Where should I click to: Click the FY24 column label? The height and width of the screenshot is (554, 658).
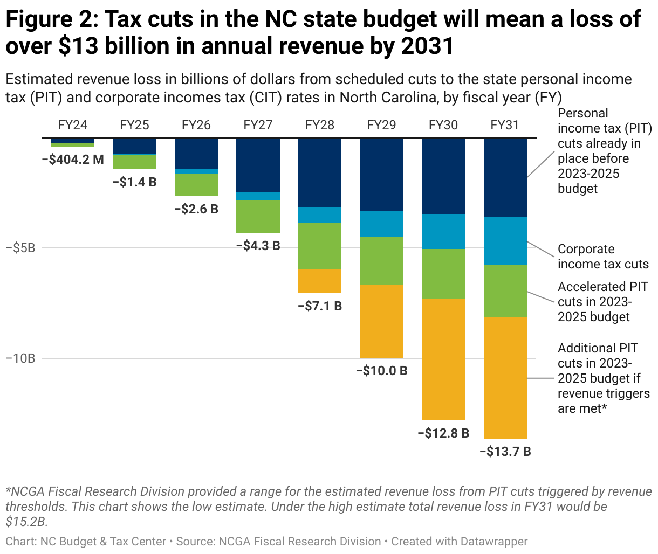tap(73, 125)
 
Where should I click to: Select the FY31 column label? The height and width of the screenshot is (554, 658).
tap(505, 125)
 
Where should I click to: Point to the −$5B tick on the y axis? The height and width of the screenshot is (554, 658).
tap(20, 248)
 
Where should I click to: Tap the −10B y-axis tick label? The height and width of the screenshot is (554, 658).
tap(20, 358)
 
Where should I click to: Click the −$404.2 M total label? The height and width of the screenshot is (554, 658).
tap(73, 160)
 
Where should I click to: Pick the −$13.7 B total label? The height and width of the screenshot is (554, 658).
tap(505, 452)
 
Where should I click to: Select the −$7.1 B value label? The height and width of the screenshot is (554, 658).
tap(320, 306)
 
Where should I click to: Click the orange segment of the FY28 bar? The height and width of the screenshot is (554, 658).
tap(320, 281)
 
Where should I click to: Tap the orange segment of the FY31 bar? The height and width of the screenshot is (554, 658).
tap(505, 378)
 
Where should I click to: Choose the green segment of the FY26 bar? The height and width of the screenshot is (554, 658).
tap(196, 185)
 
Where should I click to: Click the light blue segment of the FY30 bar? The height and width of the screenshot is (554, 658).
tap(443, 231)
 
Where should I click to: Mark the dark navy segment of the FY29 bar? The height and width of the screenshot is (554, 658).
tap(382, 174)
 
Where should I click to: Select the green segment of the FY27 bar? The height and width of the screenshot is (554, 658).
tap(258, 217)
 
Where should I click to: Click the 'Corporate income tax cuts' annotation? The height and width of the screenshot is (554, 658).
tap(602, 257)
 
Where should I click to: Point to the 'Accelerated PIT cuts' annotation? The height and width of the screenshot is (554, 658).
tap(602, 302)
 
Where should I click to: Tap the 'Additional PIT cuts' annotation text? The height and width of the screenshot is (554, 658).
tap(604, 378)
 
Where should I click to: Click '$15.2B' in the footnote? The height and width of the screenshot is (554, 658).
tap(26, 522)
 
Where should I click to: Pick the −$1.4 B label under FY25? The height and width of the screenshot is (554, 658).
tap(134, 182)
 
